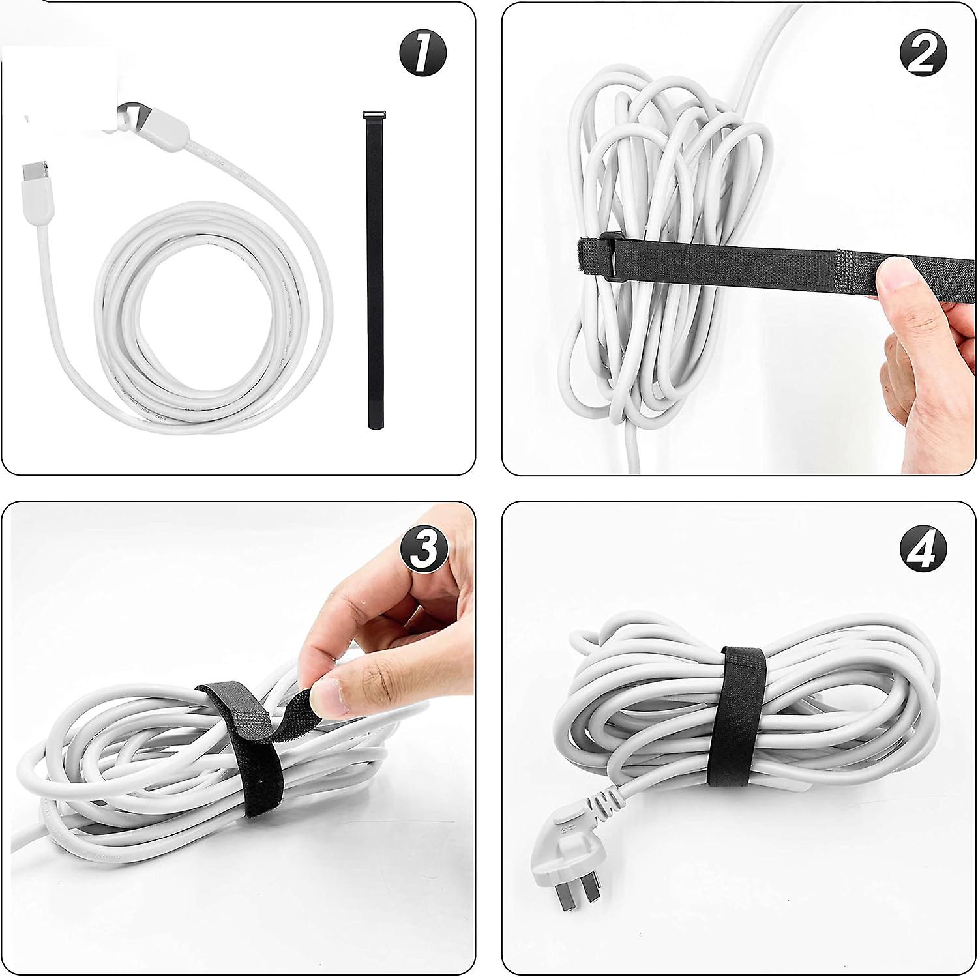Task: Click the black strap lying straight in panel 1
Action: tap(374, 274)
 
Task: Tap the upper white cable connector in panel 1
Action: tap(156, 124)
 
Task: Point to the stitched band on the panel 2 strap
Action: tap(857, 258)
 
